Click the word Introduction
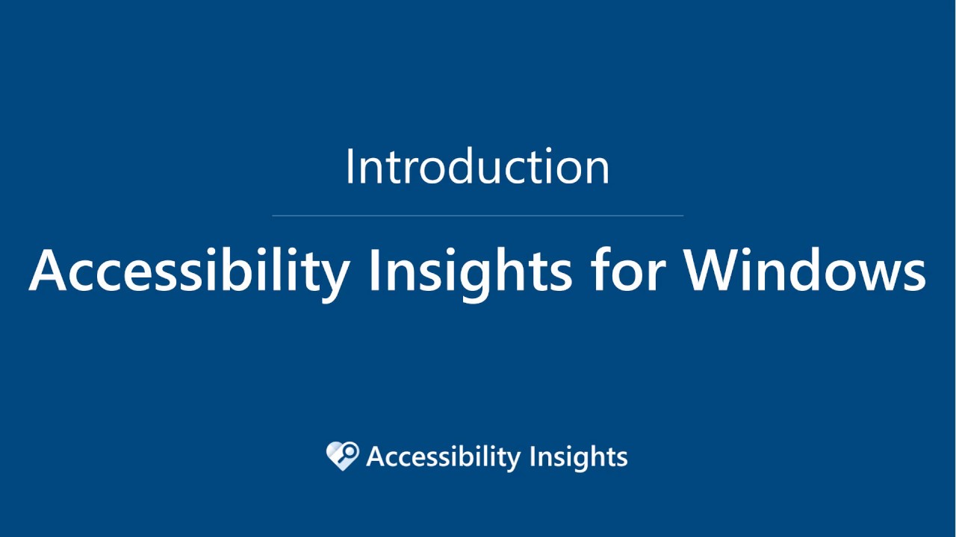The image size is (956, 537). pyautogui.click(x=477, y=167)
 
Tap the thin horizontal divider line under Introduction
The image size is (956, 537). pyautogui.click(x=478, y=216)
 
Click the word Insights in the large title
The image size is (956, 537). pyautogui.click(x=470, y=270)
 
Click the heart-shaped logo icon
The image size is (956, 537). pyautogui.click(x=343, y=456)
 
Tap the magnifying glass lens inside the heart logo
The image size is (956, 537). pyautogui.click(x=348, y=451)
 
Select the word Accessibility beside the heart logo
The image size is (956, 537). pyautogui.click(x=443, y=456)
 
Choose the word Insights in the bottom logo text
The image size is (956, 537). pyautogui.click(x=578, y=456)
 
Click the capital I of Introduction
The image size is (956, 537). pyautogui.click(x=350, y=167)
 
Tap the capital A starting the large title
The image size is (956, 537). pyautogui.click(x=49, y=270)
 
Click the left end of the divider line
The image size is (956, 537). pyautogui.click(x=274, y=216)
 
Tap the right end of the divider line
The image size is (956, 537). pyautogui.click(x=682, y=216)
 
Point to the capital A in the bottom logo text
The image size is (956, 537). pyautogui.click(x=376, y=456)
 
